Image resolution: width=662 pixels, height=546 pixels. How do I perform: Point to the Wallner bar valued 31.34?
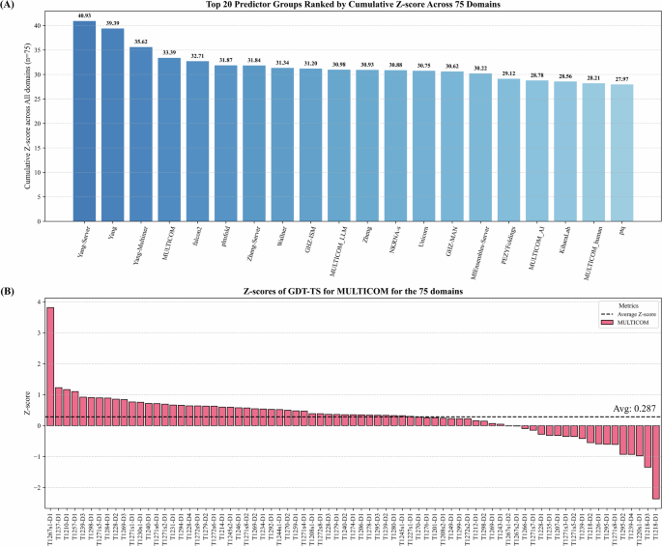(282, 135)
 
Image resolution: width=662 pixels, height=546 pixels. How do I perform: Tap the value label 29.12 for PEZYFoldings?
(508, 72)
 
